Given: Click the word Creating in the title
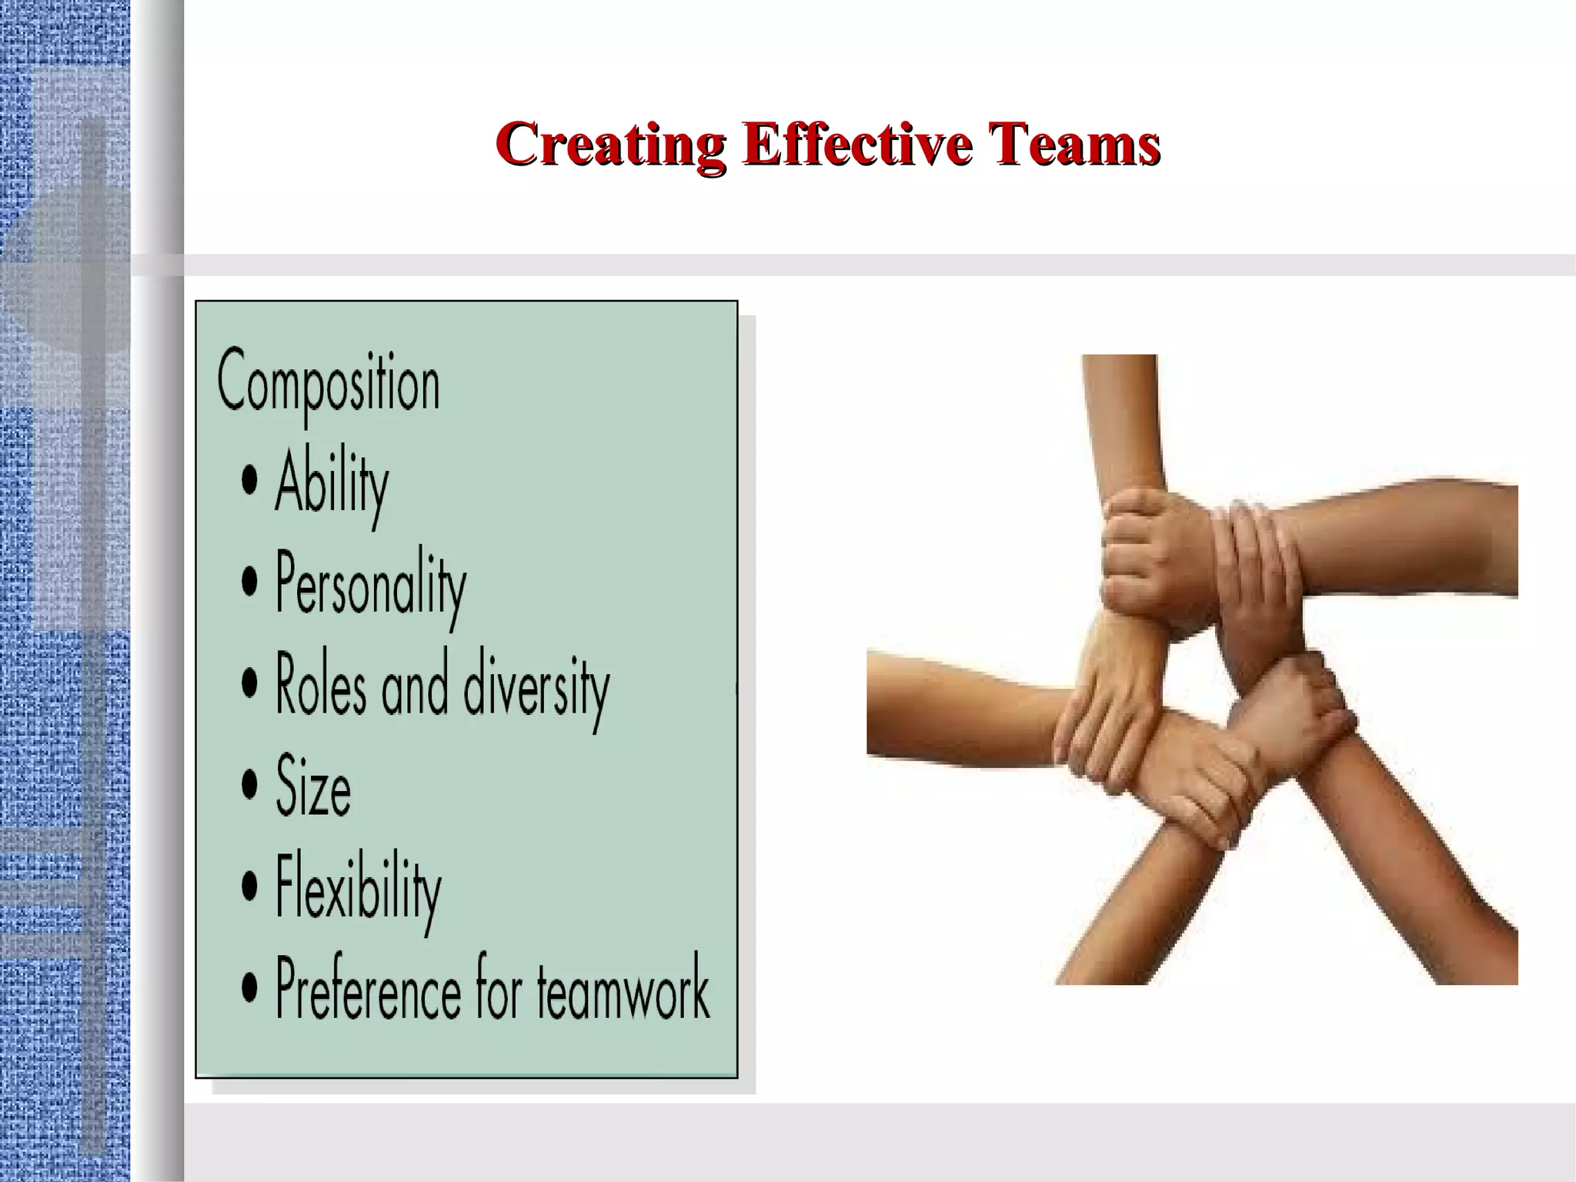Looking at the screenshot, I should (609, 144).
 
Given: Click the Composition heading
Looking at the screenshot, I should (329, 383).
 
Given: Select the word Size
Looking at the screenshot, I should (313, 786).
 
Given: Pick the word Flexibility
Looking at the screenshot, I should (359, 890).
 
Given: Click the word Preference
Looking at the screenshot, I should (368, 990).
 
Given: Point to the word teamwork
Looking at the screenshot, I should (623, 990).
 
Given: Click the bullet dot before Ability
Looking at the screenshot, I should (249, 482).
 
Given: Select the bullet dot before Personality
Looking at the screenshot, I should (249, 583).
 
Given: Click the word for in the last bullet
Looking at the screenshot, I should (499, 988).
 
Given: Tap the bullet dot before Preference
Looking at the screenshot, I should (249, 987).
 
